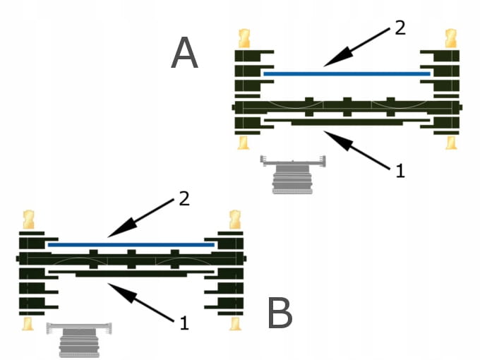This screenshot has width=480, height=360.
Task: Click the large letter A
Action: point(185,54)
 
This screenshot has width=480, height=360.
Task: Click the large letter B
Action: point(280,314)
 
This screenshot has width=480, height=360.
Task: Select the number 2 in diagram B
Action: point(184,199)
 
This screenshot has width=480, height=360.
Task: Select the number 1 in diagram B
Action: point(184,323)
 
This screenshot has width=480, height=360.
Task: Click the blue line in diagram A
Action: point(346,73)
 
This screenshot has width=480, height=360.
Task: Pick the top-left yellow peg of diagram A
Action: point(244,39)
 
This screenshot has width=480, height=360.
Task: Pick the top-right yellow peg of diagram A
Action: point(450,39)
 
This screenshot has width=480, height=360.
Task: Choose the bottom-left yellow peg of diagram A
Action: point(244,142)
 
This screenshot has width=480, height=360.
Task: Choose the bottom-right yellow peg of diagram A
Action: point(450,142)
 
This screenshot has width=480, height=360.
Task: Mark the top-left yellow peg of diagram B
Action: point(29,219)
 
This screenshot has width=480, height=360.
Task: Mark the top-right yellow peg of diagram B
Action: point(234,219)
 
